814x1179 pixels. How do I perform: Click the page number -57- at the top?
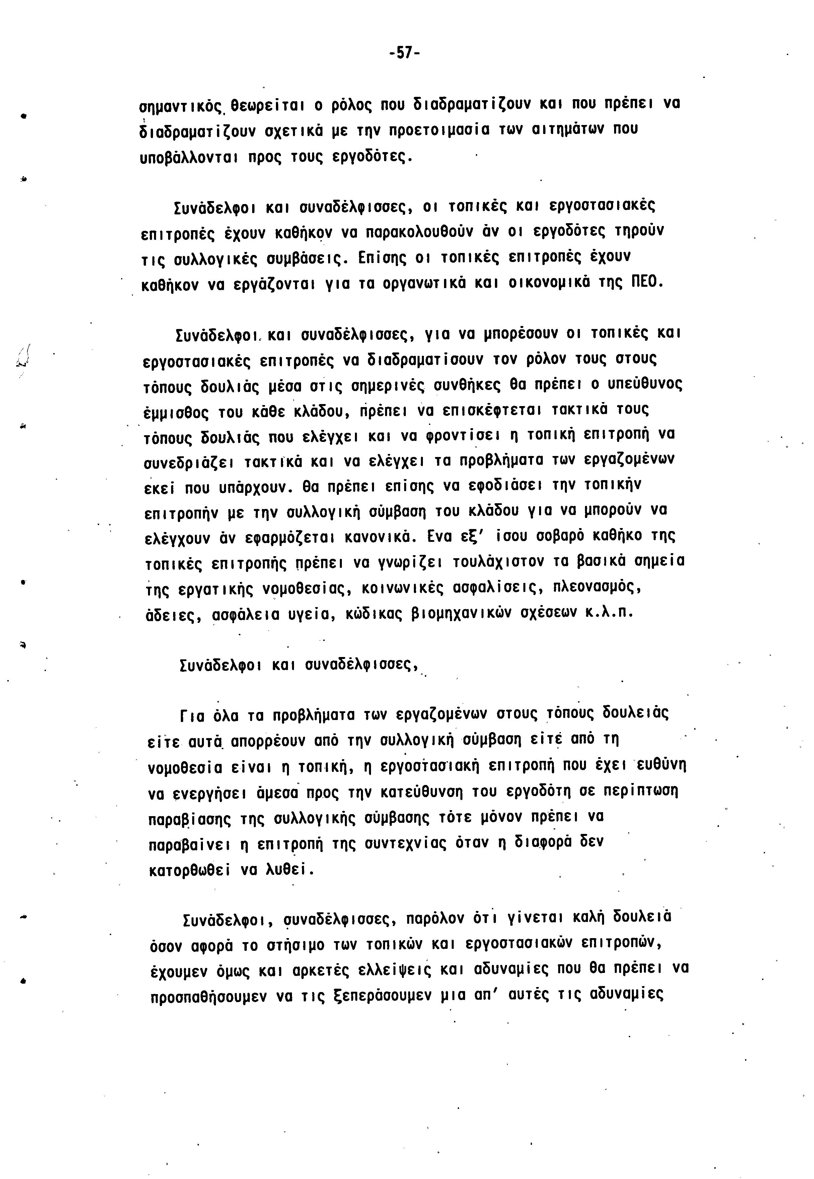404,53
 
